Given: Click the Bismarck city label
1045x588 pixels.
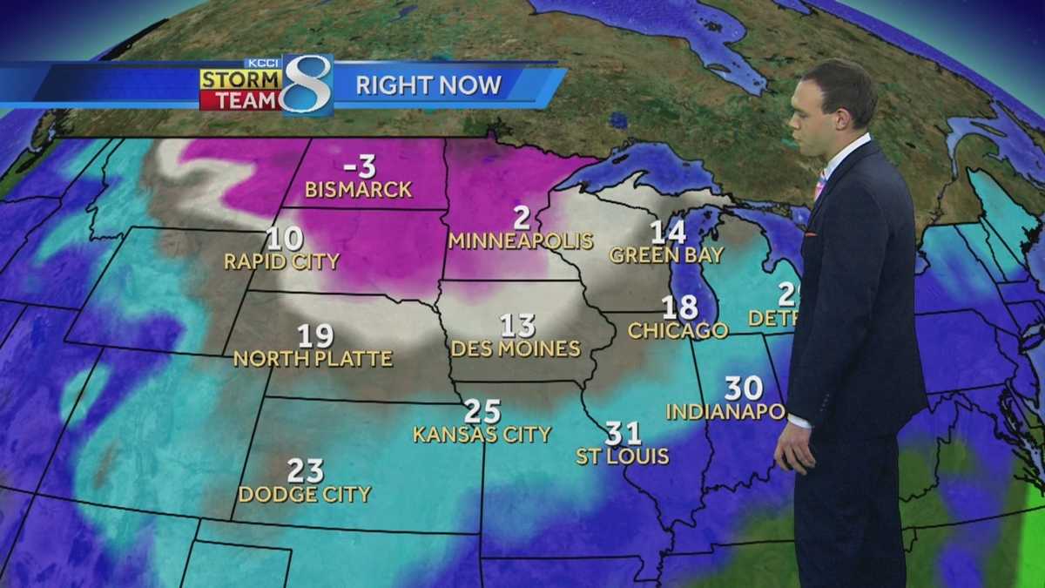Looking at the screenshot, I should [x=358, y=190].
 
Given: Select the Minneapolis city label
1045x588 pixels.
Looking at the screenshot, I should [x=521, y=241].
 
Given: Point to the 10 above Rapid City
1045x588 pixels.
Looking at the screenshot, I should [x=285, y=238].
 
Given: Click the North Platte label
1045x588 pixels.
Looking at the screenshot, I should [x=313, y=358].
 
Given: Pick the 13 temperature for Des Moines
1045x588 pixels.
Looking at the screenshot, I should [x=517, y=326].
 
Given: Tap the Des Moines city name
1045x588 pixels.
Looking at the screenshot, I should [x=516, y=349].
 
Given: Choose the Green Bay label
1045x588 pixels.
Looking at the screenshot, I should [x=667, y=255].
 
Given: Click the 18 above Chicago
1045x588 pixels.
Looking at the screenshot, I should [x=679, y=308].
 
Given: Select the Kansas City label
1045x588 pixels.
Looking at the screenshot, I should [x=482, y=434].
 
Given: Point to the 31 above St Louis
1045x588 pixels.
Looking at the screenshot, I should [x=624, y=433].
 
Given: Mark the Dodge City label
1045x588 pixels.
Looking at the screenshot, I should [x=305, y=495].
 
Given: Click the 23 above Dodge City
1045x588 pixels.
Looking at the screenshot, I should [x=305, y=471].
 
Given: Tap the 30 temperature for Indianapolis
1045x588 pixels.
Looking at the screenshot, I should [x=743, y=388].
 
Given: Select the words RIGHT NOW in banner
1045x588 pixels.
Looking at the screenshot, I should [x=428, y=85].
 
